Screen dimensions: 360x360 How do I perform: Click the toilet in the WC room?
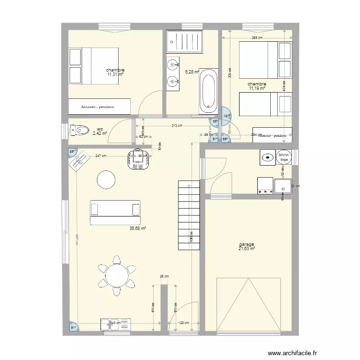point(80,130)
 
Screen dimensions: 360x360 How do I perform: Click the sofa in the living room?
point(115,212)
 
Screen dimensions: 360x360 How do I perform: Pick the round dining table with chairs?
point(116,276)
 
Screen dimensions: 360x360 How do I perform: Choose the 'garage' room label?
point(247,244)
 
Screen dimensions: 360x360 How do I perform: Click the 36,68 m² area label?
point(137,228)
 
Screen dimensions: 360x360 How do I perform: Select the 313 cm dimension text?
point(177,126)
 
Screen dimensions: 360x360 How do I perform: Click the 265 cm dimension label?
point(257,38)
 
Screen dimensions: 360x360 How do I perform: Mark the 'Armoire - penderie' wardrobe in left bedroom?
point(99,107)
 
